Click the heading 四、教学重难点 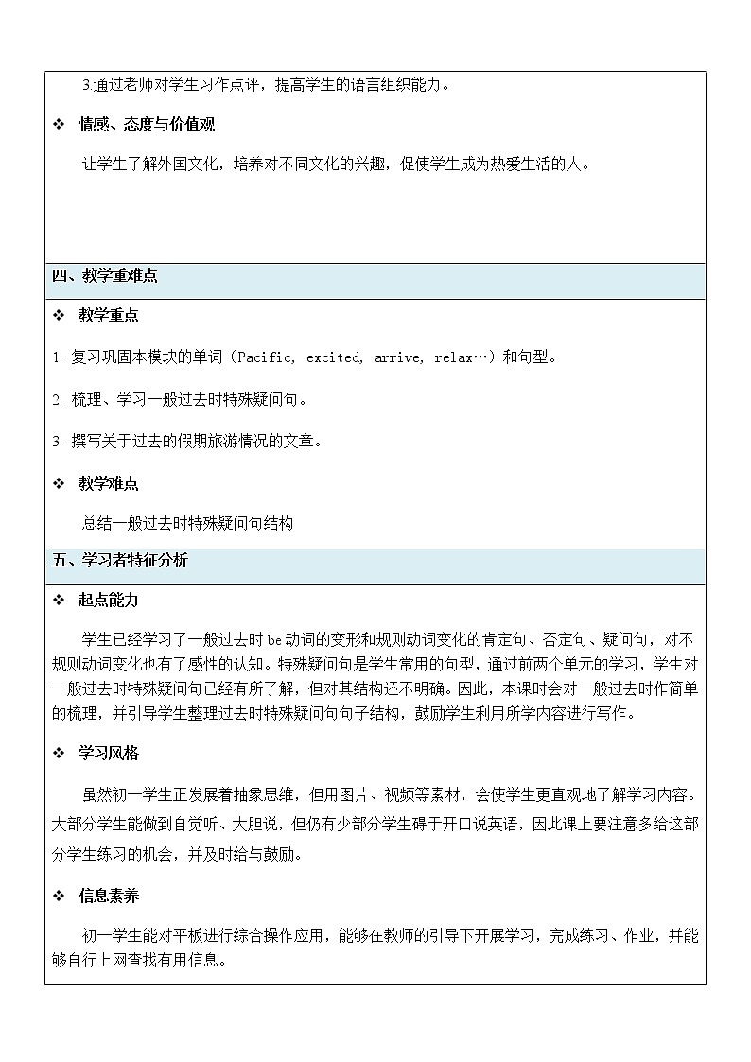[105, 277]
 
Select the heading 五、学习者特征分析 [120, 561]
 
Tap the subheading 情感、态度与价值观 [146, 125]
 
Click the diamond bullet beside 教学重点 [59, 316]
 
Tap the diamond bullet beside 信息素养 [59, 896]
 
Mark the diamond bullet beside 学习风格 [59, 754]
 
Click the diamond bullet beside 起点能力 [59, 601]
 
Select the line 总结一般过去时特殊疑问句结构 [187, 523]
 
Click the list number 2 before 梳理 [56, 400]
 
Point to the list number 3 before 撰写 [56, 442]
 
